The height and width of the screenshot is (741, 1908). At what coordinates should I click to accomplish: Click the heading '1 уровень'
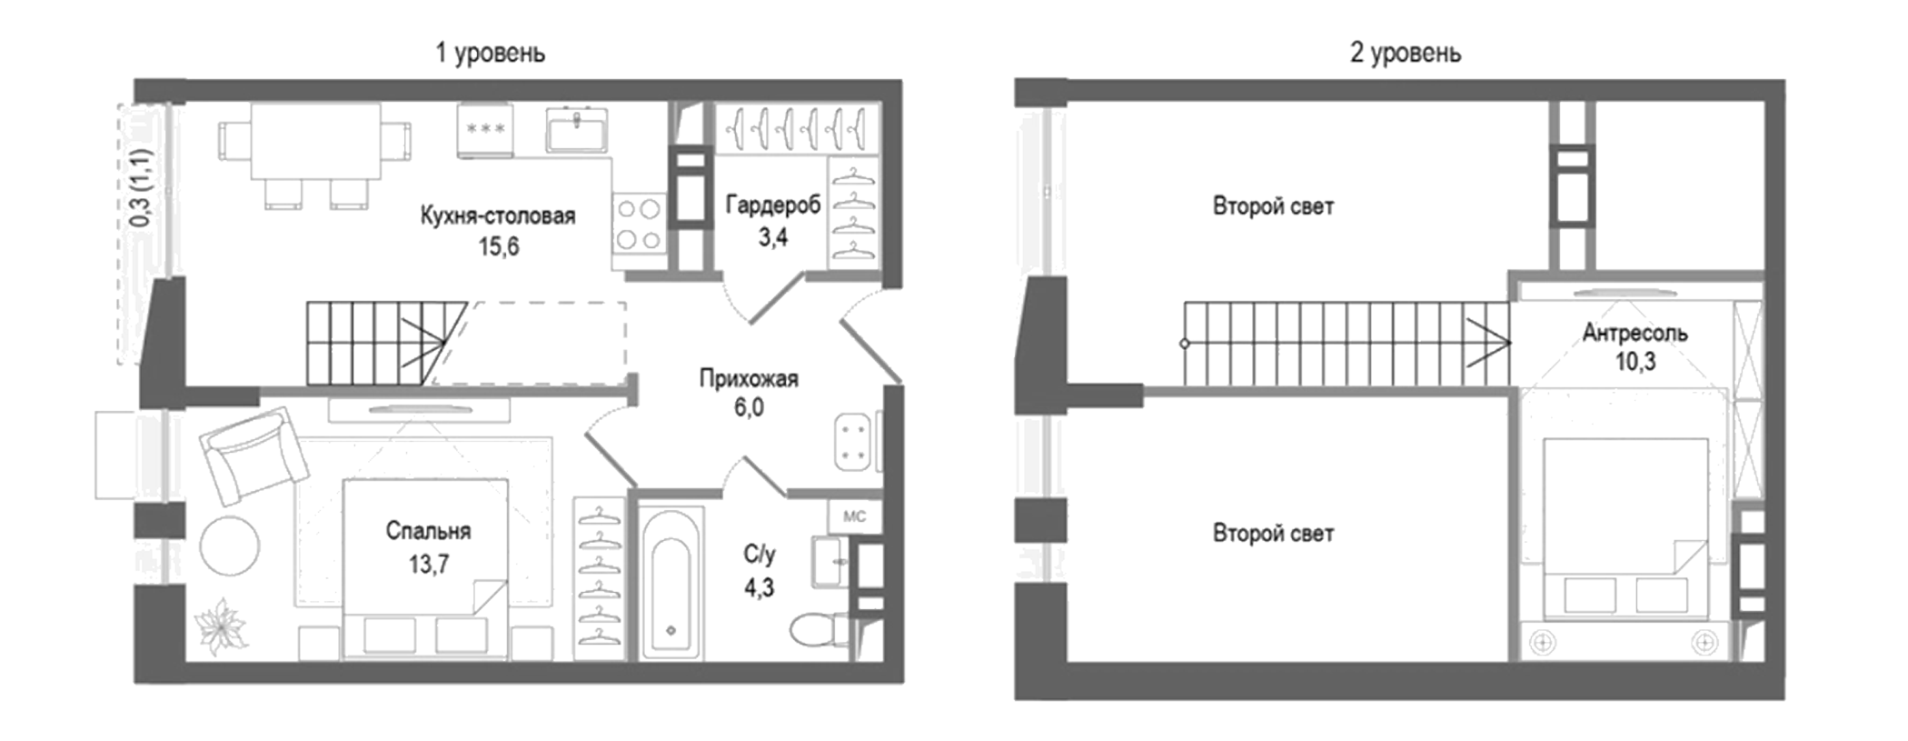click(x=490, y=54)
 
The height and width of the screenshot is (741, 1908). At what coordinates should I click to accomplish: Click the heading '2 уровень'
click(x=1405, y=54)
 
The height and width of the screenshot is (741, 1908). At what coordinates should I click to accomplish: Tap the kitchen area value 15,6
click(x=499, y=246)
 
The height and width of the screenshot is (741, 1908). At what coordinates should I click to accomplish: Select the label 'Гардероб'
click(x=772, y=205)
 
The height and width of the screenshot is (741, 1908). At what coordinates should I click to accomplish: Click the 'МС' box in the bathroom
click(x=854, y=516)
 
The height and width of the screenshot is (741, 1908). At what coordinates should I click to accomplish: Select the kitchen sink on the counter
click(x=577, y=129)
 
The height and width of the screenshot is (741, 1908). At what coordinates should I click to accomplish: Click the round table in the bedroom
click(x=230, y=546)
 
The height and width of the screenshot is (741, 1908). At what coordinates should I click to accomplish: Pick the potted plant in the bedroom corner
click(x=221, y=626)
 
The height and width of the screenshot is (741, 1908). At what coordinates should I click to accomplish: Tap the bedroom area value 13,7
click(x=428, y=565)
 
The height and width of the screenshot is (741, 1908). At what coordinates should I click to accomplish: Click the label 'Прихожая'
click(x=748, y=378)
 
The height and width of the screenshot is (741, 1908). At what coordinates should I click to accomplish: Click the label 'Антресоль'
click(x=1635, y=333)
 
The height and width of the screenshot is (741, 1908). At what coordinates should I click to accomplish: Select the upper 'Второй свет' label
click(x=1273, y=206)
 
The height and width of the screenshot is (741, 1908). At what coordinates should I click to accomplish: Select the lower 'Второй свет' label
click(x=1273, y=534)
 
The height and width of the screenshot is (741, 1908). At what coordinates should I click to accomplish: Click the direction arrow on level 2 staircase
click(x=1487, y=344)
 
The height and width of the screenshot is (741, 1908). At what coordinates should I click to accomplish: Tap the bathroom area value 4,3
click(x=759, y=588)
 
